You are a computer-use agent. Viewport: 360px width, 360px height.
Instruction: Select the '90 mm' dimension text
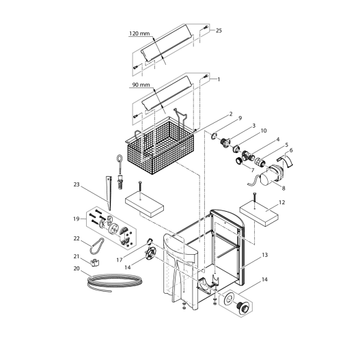point(139,85)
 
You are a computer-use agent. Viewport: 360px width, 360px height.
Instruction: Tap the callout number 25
point(219,31)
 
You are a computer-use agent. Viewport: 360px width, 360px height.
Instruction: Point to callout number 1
point(219,79)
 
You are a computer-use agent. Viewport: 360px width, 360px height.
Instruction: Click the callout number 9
point(239,118)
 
